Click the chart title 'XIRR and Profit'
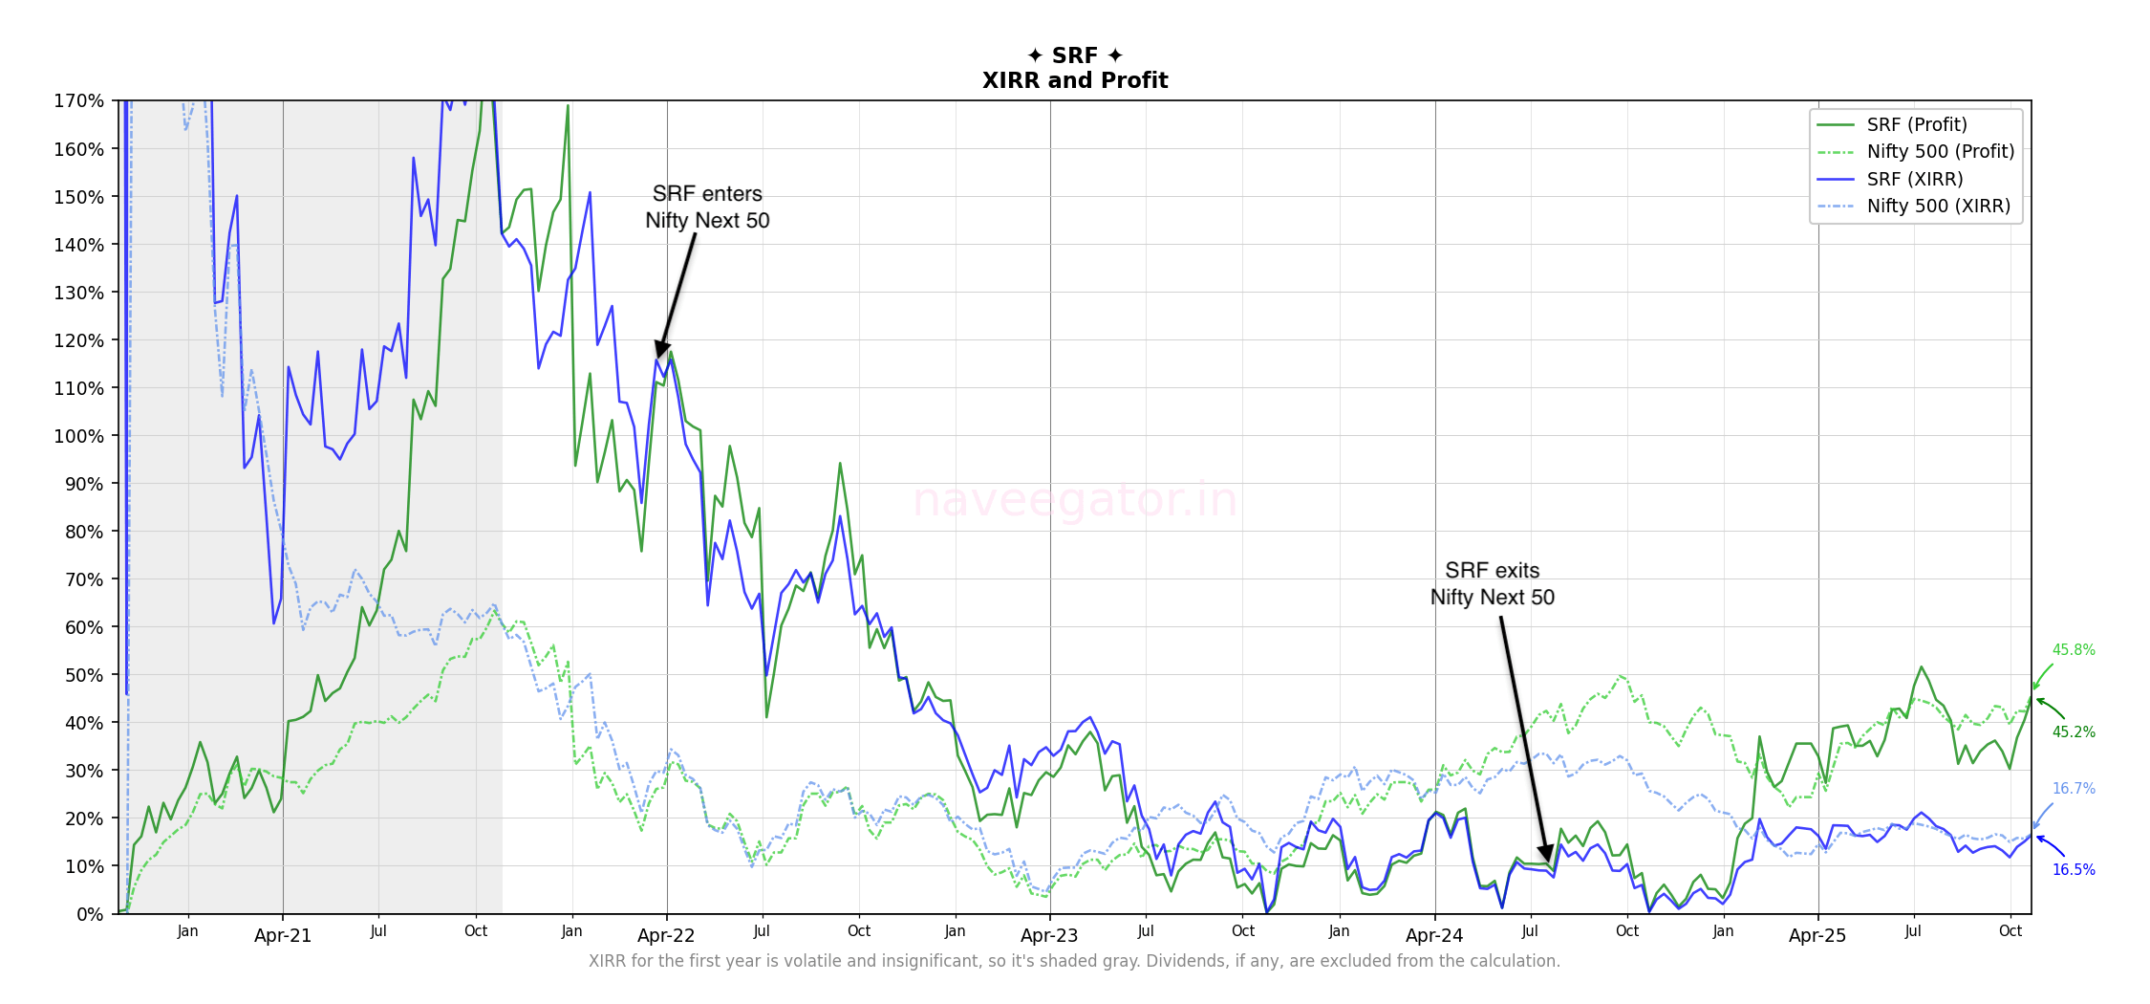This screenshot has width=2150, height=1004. click(x=1075, y=80)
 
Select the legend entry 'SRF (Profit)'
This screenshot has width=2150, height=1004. click(x=1916, y=124)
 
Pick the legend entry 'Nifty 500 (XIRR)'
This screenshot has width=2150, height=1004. click(x=1938, y=206)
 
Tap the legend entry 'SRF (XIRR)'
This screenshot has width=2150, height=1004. click(x=1914, y=179)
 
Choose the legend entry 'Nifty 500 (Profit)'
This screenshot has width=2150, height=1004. click(x=1940, y=151)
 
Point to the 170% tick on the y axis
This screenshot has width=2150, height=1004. click(x=78, y=100)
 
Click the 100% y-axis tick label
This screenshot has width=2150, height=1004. click(x=78, y=436)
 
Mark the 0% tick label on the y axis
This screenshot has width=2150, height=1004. click(x=90, y=914)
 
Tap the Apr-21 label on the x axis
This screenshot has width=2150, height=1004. click(x=283, y=936)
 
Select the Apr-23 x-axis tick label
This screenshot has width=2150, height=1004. click(x=1049, y=936)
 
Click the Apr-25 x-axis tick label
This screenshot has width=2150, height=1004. click(x=1817, y=936)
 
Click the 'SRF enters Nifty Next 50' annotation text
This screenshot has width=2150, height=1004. click(x=707, y=207)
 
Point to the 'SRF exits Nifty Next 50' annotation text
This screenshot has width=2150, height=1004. click(x=1492, y=583)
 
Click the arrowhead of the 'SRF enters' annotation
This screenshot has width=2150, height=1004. click(x=660, y=349)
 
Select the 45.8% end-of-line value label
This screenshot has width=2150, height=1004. click(x=2074, y=650)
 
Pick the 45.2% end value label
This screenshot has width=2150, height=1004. click(x=2074, y=732)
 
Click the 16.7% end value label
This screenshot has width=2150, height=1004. click(x=2074, y=789)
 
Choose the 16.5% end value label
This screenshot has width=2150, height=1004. click(x=2074, y=870)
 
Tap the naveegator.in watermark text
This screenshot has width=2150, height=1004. click(x=1075, y=501)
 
